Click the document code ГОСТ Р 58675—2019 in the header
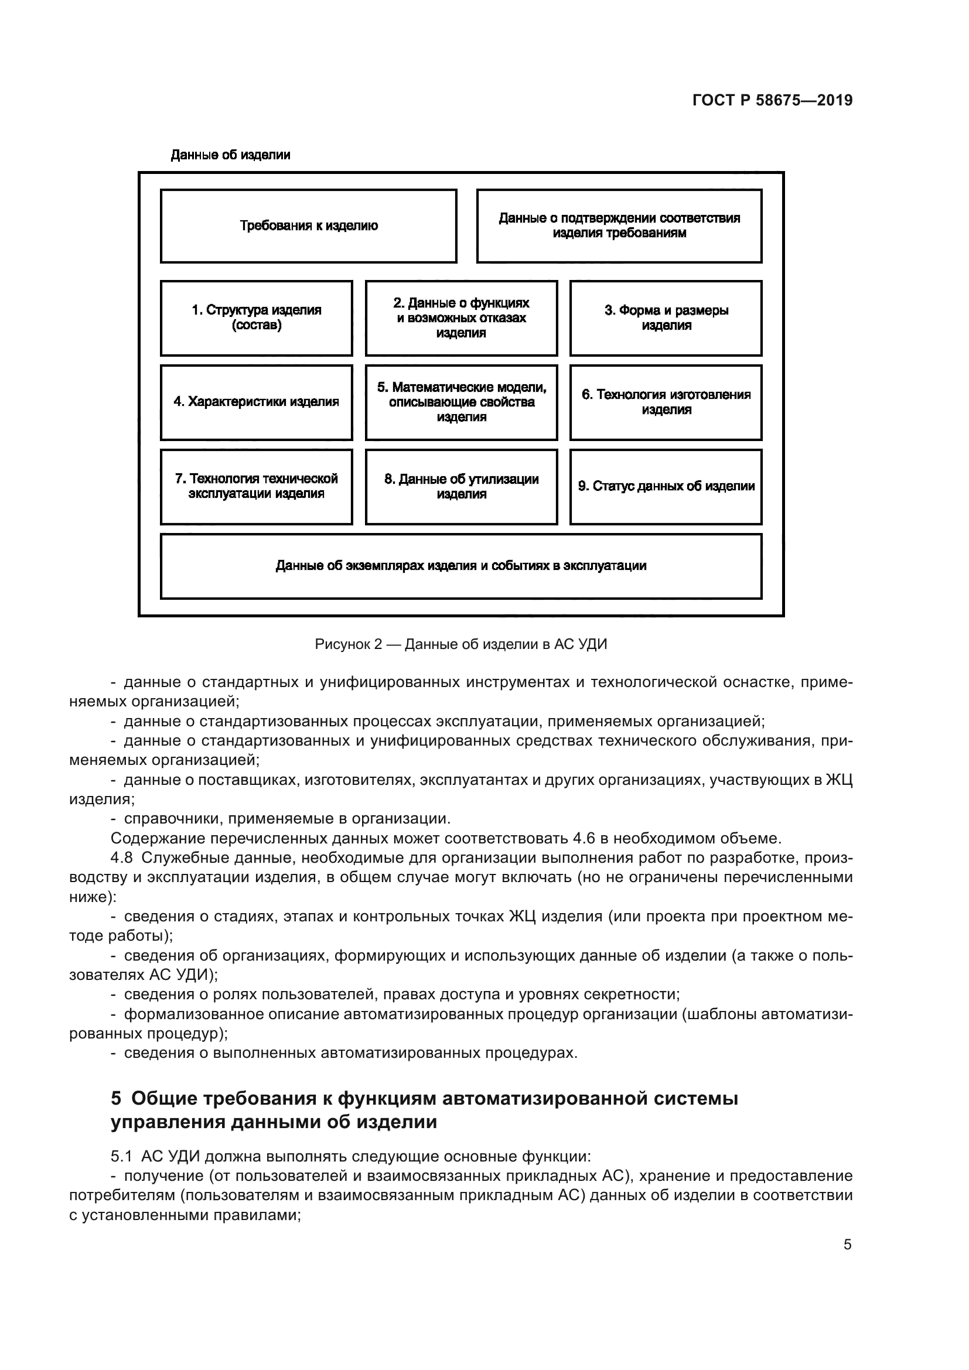point(772,100)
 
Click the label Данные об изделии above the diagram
point(230,155)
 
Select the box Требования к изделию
point(309,226)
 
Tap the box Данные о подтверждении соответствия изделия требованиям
point(619,226)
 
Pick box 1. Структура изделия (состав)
point(257,318)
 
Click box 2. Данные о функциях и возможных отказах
point(461,318)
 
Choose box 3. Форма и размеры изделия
point(666,318)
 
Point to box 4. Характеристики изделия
point(257,402)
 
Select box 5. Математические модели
point(461,402)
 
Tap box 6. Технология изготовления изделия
point(666,402)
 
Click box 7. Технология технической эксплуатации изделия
point(257,486)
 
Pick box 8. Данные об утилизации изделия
point(461,486)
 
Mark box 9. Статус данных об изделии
point(666,486)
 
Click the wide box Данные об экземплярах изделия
point(461,566)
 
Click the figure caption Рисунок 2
point(460,644)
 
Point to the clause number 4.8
point(122,858)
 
